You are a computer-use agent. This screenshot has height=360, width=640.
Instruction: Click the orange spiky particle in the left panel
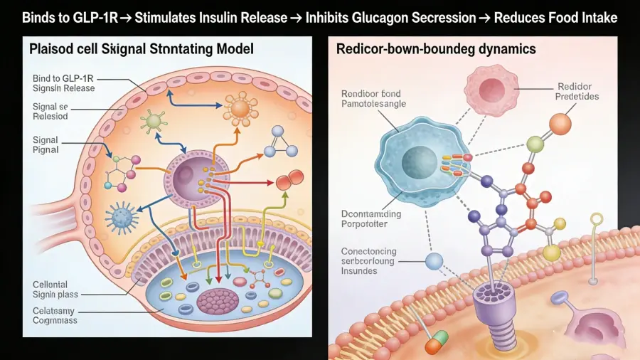click(x=240, y=107)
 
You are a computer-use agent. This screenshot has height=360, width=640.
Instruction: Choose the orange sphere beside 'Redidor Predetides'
click(x=560, y=124)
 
